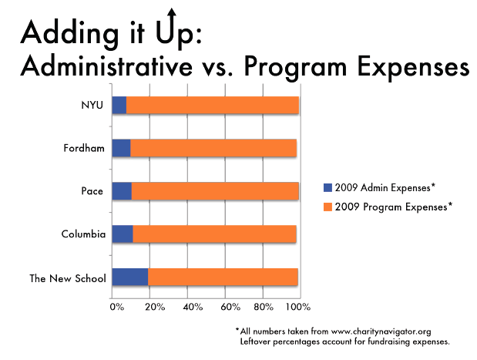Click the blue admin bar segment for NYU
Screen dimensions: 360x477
[x=119, y=106]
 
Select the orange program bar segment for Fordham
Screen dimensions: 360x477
[x=213, y=148]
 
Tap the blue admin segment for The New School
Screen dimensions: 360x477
[x=129, y=278]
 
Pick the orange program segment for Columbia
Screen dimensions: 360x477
[x=214, y=234]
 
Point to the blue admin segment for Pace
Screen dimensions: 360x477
[x=121, y=191]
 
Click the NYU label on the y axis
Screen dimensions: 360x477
[x=92, y=106]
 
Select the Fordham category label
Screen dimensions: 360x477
[x=84, y=148]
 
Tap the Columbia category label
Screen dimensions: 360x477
[x=82, y=234]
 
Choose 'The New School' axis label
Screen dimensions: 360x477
[x=69, y=278]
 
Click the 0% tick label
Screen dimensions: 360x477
[x=116, y=308]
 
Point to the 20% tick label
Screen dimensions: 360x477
[x=153, y=308]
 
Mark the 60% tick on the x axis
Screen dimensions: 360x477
[x=229, y=308]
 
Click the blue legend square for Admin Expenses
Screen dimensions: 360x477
[x=328, y=187]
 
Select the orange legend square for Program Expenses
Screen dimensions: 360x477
[x=328, y=206]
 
